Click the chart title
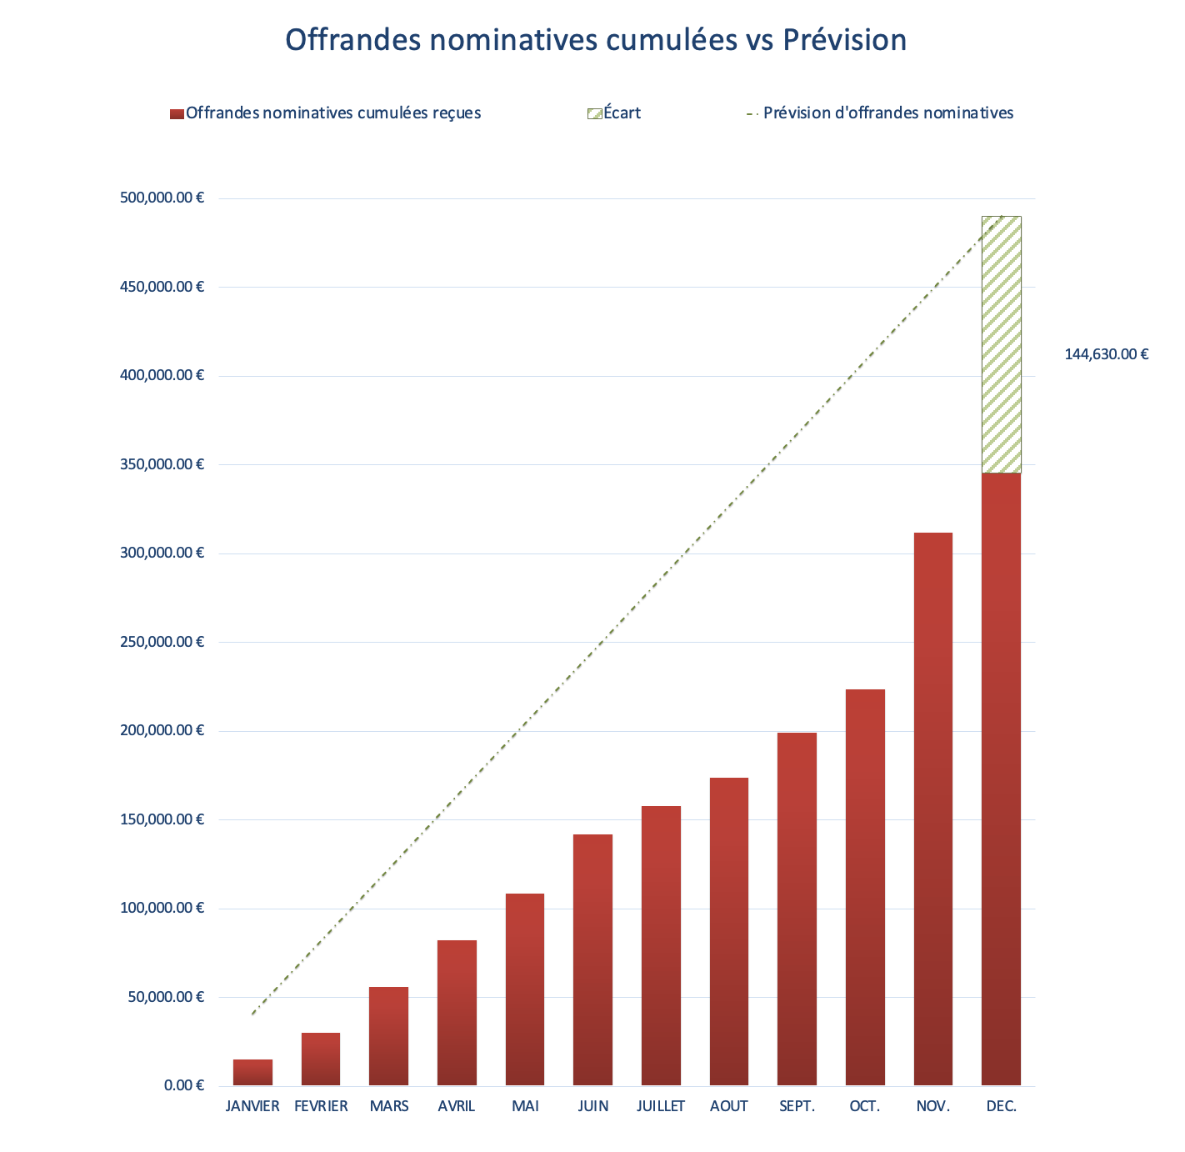tap(595, 40)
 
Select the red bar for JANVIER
tap(252, 1073)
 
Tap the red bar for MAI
tap(525, 989)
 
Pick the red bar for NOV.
tap(933, 809)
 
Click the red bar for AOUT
tap(729, 931)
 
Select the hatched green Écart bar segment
tap(1001, 345)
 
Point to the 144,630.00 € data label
tap(1106, 354)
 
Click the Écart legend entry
tap(615, 113)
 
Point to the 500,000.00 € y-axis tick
tap(162, 198)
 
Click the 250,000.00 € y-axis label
tap(162, 642)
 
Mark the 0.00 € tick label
tap(183, 1085)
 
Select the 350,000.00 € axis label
tap(162, 464)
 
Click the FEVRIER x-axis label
tap(321, 1107)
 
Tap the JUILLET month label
tap(661, 1107)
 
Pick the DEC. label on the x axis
tap(1001, 1107)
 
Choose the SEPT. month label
tap(797, 1107)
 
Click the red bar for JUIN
tap(592, 959)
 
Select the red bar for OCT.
tap(865, 887)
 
